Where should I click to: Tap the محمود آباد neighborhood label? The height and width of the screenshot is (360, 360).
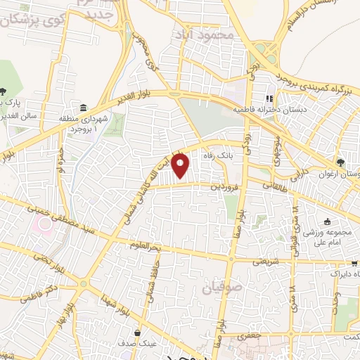coord(202,34)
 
